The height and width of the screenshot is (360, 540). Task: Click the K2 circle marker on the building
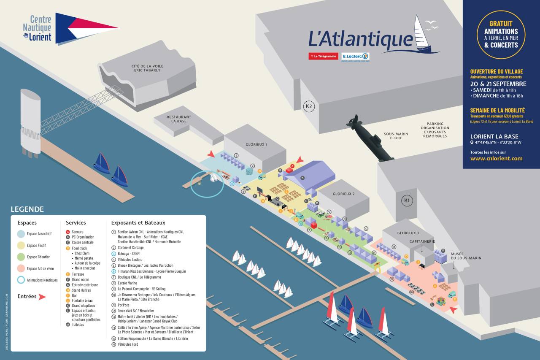[309, 106]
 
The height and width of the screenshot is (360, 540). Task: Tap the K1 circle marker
[407, 200]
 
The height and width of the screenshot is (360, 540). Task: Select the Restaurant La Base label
[178, 119]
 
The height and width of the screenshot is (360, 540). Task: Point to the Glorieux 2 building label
[344, 194]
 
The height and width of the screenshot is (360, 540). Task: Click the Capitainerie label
[422, 241]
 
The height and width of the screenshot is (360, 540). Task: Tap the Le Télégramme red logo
[323, 56]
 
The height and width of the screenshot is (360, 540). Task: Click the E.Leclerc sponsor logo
[355, 57]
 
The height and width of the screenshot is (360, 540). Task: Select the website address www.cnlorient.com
[496, 159]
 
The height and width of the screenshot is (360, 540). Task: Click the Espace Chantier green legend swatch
[21, 257]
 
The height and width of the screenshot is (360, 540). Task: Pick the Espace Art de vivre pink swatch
[21, 268]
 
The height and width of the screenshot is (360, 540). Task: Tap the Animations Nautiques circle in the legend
[21, 280]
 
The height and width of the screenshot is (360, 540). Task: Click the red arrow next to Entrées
[42, 297]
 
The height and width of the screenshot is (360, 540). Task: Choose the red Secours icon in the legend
[68, 232]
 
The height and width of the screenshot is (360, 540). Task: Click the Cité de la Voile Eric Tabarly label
[147, 68]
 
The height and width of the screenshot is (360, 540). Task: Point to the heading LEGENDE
[27, 209]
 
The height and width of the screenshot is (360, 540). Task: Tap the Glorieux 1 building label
[256, 144]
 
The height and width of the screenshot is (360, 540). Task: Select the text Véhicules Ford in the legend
[128, 344]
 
